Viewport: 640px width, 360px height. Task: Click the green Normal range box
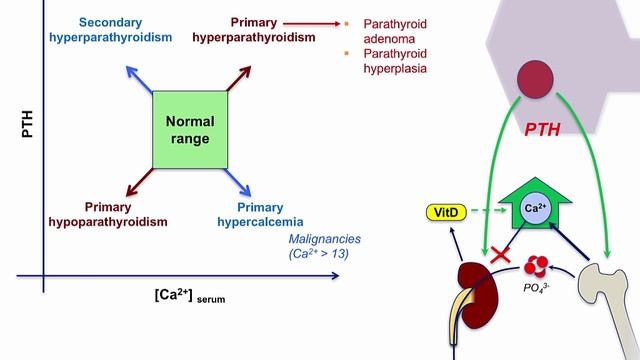point(190,129)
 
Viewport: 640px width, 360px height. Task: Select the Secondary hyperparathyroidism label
point(110,30)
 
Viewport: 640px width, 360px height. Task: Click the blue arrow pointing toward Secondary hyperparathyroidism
point(141,77)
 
